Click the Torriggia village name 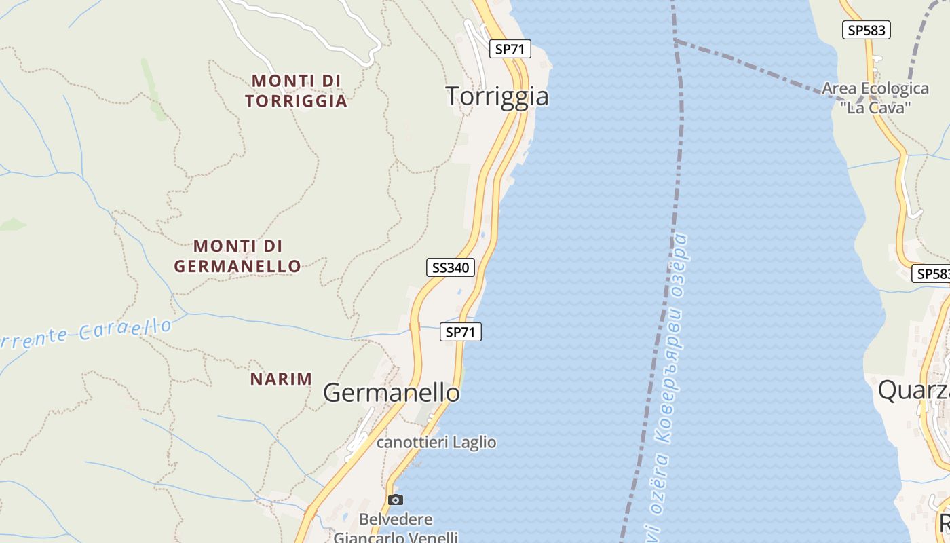[497, 96]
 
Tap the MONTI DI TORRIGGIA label [296, 91]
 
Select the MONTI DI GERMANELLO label [237, 256]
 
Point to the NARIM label [281, 379]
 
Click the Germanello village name [392, 392]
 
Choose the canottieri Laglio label [436, 443]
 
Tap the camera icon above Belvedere [395, 500]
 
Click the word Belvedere [396, 520]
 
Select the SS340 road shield [450, 267]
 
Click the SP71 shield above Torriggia [510, 49]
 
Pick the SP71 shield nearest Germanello [461, 332]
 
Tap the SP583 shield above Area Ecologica [866, 30]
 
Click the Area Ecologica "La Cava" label [875, 97]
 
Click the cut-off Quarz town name [913, 390]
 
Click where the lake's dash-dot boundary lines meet [675, 41]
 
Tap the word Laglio [475, 443]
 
